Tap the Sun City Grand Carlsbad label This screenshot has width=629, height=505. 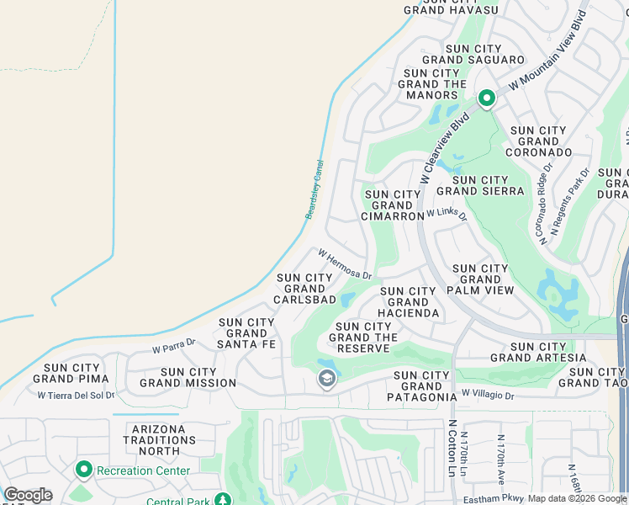click(304, 289)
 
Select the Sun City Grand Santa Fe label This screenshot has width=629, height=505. click(246, 333)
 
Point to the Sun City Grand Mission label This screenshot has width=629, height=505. click(188, 377)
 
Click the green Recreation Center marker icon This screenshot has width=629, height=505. click(84, 469)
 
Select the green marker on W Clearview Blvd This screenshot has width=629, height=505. click(486, 99)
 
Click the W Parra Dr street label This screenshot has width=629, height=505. click(173, 345)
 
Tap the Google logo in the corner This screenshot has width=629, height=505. click(27, 495)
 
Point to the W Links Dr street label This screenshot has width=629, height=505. click(447, 214)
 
